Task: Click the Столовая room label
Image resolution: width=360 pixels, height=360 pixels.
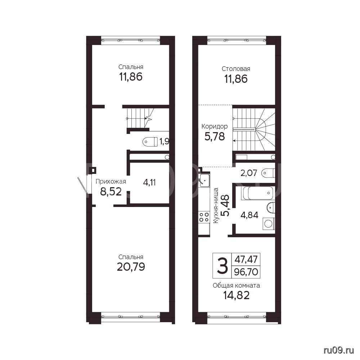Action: [236, 69]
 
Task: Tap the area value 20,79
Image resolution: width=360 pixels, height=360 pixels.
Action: [131, 267]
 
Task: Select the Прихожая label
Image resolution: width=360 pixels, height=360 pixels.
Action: [111, 181]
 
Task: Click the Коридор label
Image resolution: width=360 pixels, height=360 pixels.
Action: [215, 126]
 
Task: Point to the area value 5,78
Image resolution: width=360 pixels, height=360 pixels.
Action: [215, 136]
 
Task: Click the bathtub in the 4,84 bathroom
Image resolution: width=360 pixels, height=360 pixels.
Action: [257, 193]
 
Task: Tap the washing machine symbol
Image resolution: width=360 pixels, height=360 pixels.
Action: [269, 224]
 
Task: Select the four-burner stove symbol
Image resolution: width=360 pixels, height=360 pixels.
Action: [204, 217]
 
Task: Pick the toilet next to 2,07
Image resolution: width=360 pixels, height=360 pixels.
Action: [268, 173]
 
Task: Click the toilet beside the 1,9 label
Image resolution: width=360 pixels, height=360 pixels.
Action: [150, 141]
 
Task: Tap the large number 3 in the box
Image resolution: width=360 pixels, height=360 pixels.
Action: [222, 265]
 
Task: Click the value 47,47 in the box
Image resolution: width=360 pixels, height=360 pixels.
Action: [246, 259]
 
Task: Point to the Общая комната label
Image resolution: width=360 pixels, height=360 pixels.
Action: [236, 285]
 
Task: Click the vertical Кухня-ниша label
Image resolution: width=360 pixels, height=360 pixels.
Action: [216, 206]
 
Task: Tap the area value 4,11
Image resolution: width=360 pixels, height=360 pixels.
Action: [149, 183]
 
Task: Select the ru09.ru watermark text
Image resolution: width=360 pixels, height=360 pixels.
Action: [338, 350]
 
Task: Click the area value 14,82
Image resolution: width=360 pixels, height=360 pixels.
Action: [236, 296]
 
